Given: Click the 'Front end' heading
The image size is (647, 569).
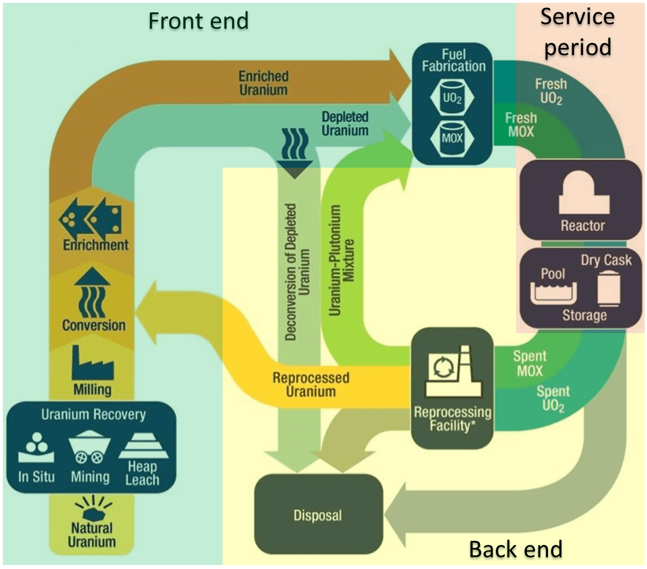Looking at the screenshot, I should coord(198,21).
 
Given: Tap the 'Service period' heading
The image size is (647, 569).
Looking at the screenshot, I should coord(577,32).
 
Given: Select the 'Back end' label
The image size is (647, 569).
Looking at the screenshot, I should coord(515,549).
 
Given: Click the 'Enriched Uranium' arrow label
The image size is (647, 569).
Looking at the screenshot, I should coord(263,83).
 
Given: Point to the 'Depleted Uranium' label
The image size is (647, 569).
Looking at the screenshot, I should coord(345,124).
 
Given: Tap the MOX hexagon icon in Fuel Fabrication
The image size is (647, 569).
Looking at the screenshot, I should coord(452,137).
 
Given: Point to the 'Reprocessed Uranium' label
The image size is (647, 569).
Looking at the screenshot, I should coord(310,384).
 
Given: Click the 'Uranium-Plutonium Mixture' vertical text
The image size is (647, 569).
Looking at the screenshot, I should coord(342,260).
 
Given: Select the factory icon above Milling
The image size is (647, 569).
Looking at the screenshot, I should coord(93,362).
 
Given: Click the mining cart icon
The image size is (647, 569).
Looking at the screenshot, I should coord(90,447).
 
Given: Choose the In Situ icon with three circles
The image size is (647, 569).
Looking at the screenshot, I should coord(37,447).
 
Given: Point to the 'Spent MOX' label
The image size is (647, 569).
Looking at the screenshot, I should coord(530,364).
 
